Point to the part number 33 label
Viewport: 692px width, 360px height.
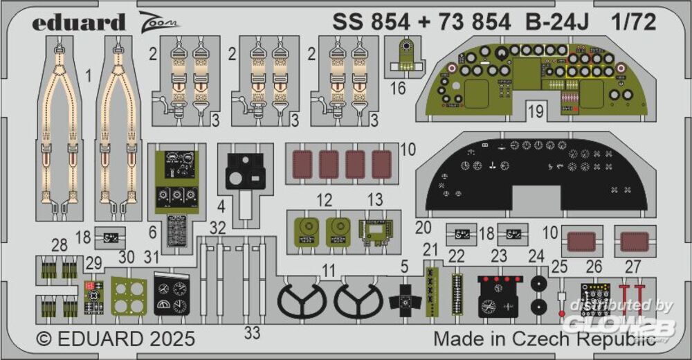(x=253, y=333)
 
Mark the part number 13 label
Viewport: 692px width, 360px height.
(x=374, y=200)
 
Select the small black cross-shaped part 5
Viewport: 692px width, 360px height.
(x=405, y=300)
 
